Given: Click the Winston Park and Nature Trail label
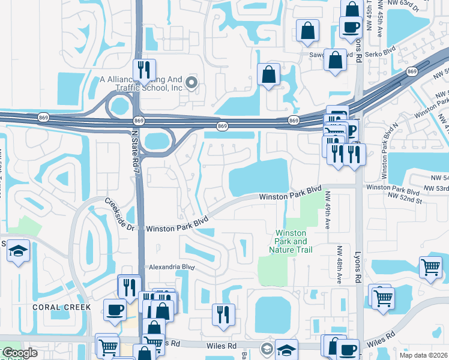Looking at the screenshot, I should (291, 241).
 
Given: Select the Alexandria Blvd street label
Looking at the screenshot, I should (172, 267).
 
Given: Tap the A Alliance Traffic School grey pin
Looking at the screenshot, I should (192, 83).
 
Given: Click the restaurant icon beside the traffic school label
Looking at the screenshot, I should (143, 70).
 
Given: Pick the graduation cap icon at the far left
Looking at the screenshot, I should (19, 251).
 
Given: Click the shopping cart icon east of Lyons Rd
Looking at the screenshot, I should (430, 268).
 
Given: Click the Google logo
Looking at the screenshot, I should (20, 353).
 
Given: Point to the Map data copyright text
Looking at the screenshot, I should (424, 355).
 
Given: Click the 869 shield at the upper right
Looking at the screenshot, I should (411, 72).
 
